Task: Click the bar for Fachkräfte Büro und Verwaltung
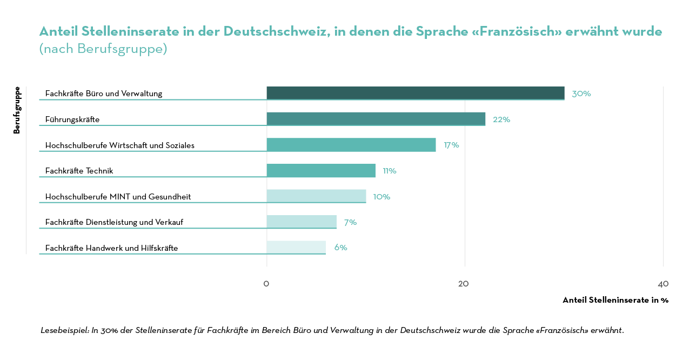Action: tap(415, 93)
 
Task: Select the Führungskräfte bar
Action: tap(376, 119)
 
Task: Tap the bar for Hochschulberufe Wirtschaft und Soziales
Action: tap(351, 144)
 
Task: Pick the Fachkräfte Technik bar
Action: tap(321, 170)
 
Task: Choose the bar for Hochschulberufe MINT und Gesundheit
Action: tap(316, 196)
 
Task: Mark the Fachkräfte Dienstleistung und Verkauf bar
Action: tap(302, 222)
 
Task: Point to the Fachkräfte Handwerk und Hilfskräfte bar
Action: tap(296, 248)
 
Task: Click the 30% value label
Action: tap(581, 94)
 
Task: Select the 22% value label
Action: tap(501, 119)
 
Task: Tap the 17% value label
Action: tap(451, 145)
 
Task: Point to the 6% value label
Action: tap(340, 248)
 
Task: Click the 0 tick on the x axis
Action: tap(266, 284)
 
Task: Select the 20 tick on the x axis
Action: tap(464, 284)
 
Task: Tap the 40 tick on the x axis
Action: tap(663, 284)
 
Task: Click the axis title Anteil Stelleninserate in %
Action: tap(615, 300)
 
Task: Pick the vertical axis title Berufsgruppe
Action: tap(17, 110)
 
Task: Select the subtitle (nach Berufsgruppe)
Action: tap(103, 49)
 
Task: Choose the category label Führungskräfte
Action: tap(72, 119)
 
